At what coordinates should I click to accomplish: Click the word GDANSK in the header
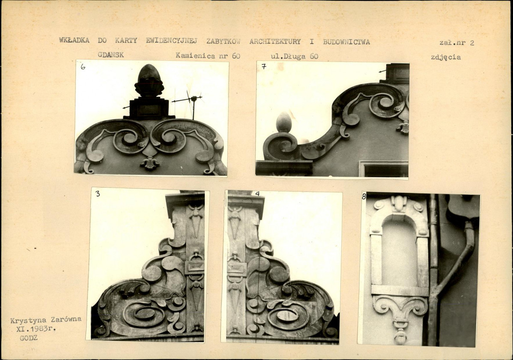(110, 55)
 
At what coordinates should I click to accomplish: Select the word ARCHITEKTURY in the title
(275, 42)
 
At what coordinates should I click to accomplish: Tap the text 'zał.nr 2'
(457, 42)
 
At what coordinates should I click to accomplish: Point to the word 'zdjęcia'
(446, 57)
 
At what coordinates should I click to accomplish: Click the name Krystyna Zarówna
(46, 320)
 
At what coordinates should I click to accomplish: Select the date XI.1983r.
(36, 329)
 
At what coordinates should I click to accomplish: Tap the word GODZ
(29, 338)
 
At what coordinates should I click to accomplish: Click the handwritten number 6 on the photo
(83, 66)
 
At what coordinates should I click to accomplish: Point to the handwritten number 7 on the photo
(264, 66)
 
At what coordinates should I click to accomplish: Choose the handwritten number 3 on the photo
(98, 194)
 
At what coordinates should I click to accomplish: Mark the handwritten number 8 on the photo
(364, 197)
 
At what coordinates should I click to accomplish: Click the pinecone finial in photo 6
(149, 80)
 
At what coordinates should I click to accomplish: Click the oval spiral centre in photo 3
(144, 315)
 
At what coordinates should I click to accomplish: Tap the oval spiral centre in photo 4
(288, 316)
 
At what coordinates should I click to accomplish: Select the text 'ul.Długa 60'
(295, 56)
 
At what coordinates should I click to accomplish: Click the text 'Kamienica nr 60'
(208, 56)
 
